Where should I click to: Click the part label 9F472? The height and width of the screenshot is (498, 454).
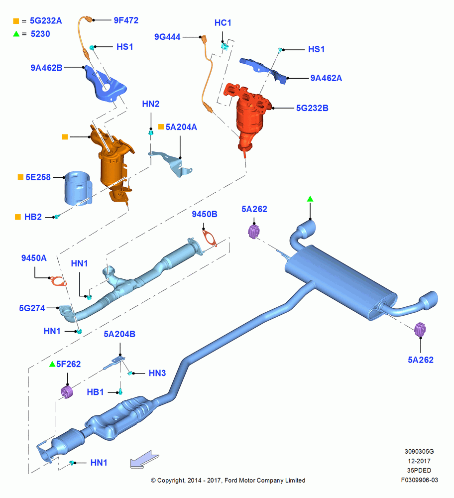tap(126, 20)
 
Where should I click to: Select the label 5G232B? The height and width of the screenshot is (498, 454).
tap(312, 108)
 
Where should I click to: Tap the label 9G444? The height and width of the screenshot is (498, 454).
tap(167, 37)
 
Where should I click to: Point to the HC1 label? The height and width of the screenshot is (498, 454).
tap(223, 23)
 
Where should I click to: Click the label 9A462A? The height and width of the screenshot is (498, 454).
tap(326, 78)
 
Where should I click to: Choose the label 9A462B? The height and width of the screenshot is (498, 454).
tap(46, 68)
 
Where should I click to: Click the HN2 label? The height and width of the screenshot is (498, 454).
tap(150, 104)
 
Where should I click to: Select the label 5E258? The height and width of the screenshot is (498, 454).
tap(38, 177)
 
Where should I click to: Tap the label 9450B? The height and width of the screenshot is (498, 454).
tap(205, 214)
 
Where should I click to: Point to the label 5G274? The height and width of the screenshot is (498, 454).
tap(32, 308)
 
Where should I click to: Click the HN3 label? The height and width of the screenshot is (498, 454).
tap(157, 373)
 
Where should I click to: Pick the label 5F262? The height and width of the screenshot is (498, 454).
tap(69, 364)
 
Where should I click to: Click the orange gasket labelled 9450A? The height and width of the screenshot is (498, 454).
tap(58, 281)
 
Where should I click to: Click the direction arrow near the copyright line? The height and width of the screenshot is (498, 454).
tap(144, 459)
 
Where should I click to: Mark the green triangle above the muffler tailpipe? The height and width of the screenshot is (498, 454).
tap(310, 199)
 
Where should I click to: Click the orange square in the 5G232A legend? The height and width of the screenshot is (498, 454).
tap(16, 21)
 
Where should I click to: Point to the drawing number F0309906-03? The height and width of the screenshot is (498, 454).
tap(419, 480)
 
